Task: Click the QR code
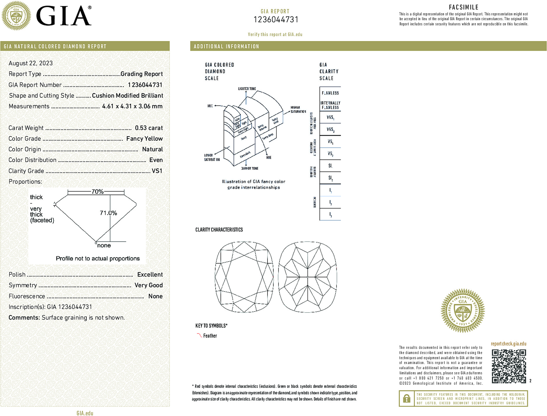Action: coord(509,366)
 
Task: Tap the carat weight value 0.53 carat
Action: coord(149,128)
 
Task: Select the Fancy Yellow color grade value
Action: coord(144,139)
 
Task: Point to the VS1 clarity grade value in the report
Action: coord(157,171)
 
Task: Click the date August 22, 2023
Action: coord(31,63)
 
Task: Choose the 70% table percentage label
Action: coord(97,192)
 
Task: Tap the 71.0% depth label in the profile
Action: coord(108,213)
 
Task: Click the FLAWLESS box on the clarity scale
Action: coord(330,93)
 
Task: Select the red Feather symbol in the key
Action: coord(199,335)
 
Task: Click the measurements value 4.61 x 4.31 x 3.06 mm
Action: coord(132,106)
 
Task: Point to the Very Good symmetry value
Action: coord(148,285)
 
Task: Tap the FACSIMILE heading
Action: coord(463,7)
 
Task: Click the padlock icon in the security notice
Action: coord(407,398)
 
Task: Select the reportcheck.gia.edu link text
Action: coord(508,344)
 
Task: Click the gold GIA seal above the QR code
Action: coord(463,311)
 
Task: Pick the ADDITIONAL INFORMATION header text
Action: coord(226,47)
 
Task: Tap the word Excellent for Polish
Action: coord(150,274)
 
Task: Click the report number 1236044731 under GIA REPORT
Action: coord(276,20)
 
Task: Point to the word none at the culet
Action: coord(104,245)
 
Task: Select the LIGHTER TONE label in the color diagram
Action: coord(247,89)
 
